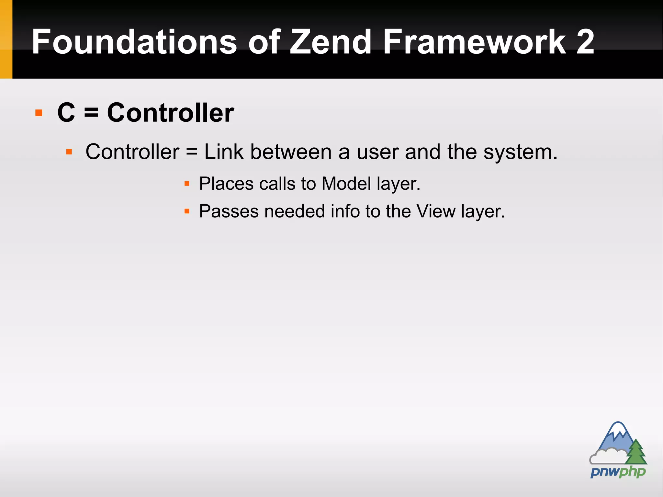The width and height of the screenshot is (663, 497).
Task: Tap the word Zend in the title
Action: [330, 42]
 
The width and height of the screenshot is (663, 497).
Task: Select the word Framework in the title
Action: [474, 42]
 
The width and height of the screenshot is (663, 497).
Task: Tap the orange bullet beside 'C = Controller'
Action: [39, 113]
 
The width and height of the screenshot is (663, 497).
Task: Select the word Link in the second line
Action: [224, 152]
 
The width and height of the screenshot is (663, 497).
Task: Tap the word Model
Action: [346, 184]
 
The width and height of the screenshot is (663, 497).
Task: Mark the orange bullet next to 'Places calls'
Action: [187, 184]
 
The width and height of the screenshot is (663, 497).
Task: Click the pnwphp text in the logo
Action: [618, 472]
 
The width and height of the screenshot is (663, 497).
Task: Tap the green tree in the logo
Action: [636, 452]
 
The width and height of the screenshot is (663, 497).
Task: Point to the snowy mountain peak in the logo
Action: [618, 429]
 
